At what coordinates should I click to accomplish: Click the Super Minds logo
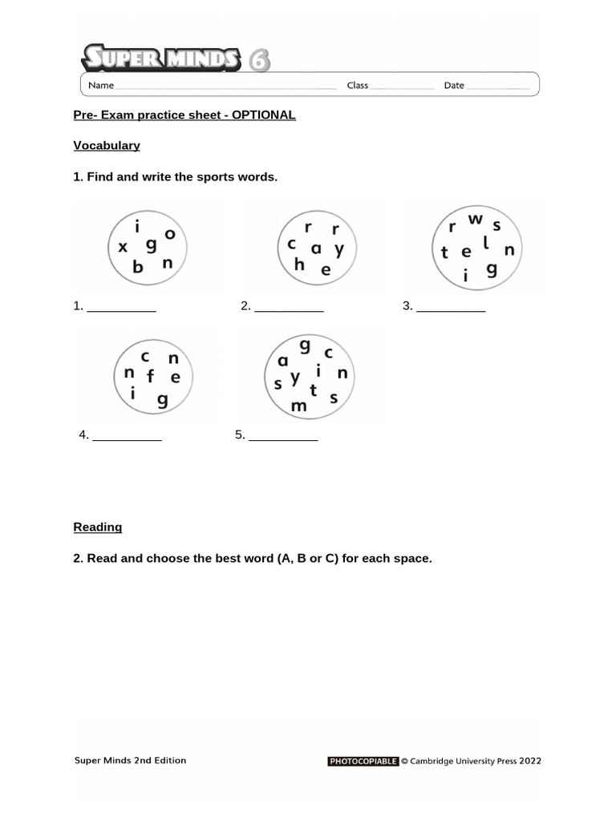[175, 59]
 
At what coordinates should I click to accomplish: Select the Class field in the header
[402, 86]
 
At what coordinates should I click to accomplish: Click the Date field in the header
[497, 86]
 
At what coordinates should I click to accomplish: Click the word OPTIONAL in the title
[264, 115]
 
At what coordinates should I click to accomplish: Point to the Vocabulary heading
[107, 145]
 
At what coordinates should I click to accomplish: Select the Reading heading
[98, 527]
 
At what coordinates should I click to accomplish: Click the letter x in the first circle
[123, 248]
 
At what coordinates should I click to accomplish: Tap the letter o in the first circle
[170, 234]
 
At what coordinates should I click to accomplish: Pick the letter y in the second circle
[339, 249]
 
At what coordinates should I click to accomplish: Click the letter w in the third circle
[476, 219]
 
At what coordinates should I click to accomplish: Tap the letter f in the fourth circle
[150, 376]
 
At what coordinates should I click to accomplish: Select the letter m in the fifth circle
[299, 406]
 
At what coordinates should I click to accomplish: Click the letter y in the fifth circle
[295, 377]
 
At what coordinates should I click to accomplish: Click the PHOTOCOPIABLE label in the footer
[363, 761]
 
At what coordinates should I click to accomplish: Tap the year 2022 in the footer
[529, 761]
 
